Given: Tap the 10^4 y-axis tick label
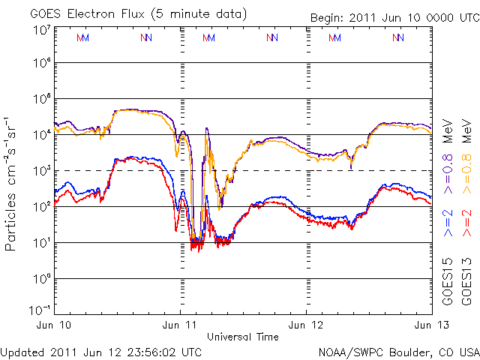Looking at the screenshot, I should pos(40,134).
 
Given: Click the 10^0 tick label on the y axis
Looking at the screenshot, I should pos(40,278).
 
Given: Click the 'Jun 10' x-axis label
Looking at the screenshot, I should pos(57,325).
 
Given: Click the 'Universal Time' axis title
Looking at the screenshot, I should pos(242,337).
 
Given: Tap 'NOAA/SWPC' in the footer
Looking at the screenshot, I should pos(346,352).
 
